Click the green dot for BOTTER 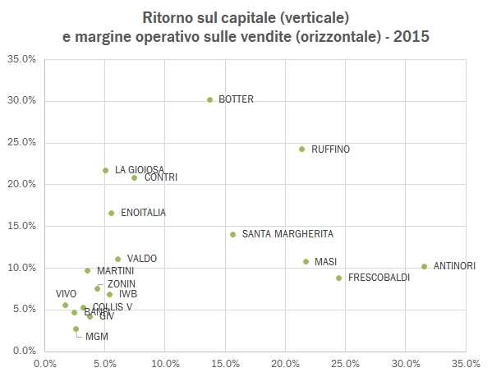tap(209, 100)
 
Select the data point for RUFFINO tap(301, 149)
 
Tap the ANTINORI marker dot tap(424, 266)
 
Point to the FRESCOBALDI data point tap(338, 278)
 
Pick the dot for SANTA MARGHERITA tap(232, 234)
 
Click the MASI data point tap(306, 262)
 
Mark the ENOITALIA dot tap(111, 213)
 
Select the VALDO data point tap(117, 259)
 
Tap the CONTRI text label tap(160, 177)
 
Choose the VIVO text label tap(66, 293)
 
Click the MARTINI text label tap(115, 270)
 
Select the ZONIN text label tap(122, 283)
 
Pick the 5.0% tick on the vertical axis tap(22, 310)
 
